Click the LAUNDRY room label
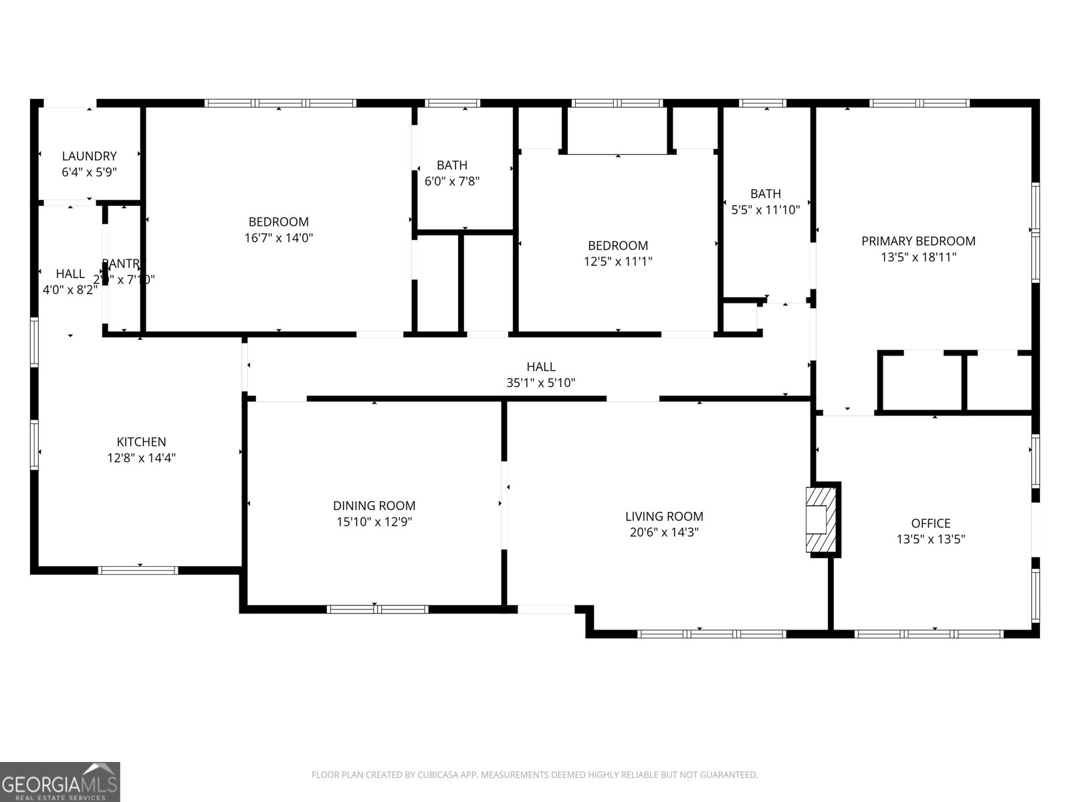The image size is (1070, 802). pos(89,156)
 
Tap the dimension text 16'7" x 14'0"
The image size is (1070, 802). pos(279,237)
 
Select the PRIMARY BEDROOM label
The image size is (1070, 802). pos(918,241)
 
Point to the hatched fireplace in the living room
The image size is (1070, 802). pos(821,519)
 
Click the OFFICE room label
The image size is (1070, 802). pos(930,523)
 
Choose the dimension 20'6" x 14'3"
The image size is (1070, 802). pos(664,533)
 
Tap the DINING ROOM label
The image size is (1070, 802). pos(374,506)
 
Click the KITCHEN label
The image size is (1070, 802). pos(141,442)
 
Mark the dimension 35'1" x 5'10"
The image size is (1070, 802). pos(540,383)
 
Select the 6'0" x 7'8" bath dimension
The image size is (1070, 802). pos(452,181)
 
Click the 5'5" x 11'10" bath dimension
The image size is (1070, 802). pos(765,210)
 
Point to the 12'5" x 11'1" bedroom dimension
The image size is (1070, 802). pos(618,261)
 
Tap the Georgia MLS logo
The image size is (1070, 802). pos(60,782)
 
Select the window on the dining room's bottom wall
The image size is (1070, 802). pos(377,609)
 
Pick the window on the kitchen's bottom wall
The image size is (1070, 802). pos(138,570)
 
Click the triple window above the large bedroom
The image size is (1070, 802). pos(280,104)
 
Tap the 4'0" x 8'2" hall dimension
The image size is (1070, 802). pos(70,289)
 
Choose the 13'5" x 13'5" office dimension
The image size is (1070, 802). pos(930,539)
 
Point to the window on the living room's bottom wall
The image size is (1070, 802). pos(712,634)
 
